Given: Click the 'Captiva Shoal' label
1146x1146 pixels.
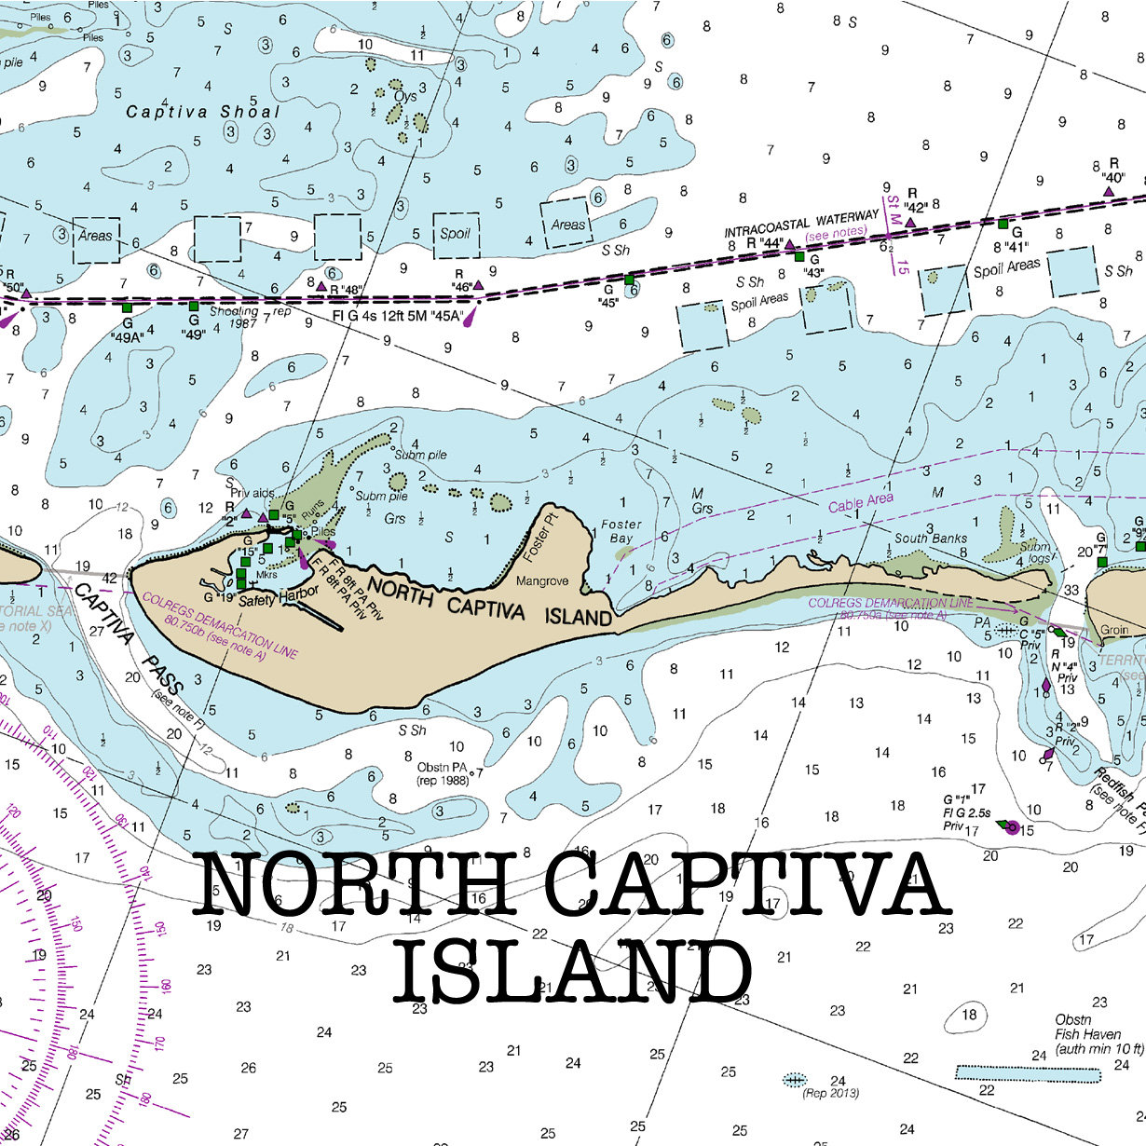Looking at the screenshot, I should [202, 112].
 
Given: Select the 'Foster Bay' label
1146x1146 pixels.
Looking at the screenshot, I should [621, 532].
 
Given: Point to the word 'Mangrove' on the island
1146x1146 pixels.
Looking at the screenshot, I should [542, 581].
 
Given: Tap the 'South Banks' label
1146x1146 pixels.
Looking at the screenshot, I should [931, 539].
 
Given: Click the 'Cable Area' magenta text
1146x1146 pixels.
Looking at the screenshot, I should [861, 503].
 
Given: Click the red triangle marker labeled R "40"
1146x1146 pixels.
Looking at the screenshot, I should [1109, 191].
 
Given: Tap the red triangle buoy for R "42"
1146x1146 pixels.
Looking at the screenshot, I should [910, 222].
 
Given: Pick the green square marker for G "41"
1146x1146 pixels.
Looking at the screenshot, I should [1003, 224].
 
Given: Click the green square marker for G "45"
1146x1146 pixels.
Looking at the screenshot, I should [629, 279].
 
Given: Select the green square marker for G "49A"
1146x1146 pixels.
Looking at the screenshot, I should [128, 307].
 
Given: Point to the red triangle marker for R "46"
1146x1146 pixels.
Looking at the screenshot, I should [478, 285].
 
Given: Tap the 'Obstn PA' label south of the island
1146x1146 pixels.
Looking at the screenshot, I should [442, 767].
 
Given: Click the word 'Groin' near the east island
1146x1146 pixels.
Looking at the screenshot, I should [1114, 630].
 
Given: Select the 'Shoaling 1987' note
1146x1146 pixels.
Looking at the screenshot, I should [234, 318].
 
